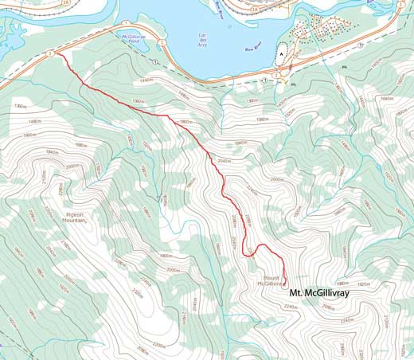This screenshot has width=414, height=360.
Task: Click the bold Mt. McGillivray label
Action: [319, 292]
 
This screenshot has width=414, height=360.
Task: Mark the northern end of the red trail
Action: [58, 54]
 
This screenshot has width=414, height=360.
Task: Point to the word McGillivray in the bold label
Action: [327, 292]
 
